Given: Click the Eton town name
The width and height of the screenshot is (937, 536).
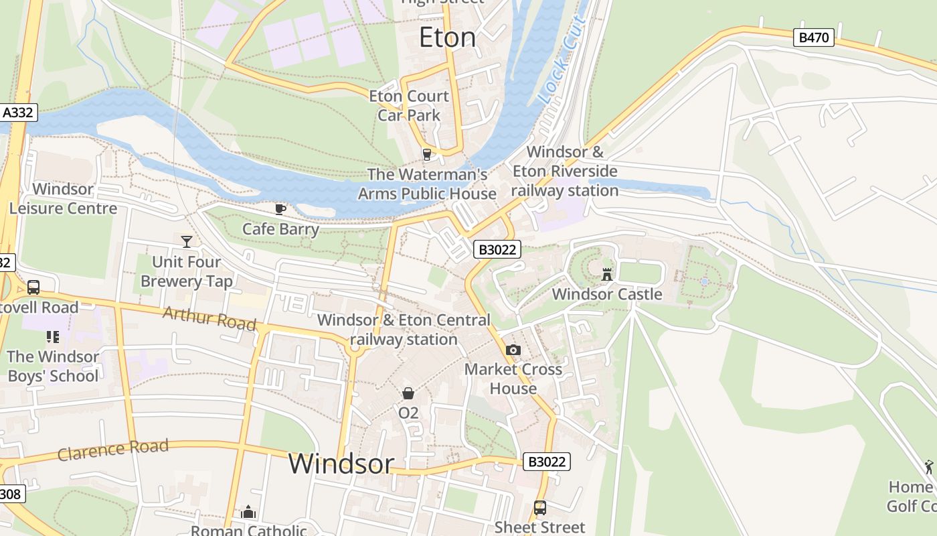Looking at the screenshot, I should (x=447, y=38).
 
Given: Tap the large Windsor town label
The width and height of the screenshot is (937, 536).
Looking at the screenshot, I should (x=341, y=464).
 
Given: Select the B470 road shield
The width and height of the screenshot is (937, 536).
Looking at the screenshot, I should (x=814, y=38).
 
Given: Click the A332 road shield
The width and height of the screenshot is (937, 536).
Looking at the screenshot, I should (x=17, y=113).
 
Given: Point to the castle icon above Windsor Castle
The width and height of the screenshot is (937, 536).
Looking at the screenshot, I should (x=607, y=274).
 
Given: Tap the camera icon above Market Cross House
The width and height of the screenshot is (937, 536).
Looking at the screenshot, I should (x=513, y=350).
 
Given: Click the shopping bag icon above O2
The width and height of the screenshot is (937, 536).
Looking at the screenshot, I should (x=408, y=393).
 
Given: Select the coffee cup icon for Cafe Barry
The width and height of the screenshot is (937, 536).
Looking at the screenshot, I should (x=280, y=209).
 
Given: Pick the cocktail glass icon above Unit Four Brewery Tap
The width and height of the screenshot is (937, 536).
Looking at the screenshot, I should (x=187, y=241).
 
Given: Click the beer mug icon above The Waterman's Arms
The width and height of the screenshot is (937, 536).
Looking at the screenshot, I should (x=426, y=155).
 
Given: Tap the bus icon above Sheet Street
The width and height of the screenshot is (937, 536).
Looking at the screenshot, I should (x=540, y=508).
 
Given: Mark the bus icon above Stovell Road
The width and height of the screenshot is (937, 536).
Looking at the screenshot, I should (x=33, y=287).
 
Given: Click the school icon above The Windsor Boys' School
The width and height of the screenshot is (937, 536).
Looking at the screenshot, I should (x=53, y=336).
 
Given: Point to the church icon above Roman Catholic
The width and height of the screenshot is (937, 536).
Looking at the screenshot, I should (x=248, y=513).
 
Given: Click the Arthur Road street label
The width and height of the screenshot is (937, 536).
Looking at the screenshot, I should (x=209, y=318).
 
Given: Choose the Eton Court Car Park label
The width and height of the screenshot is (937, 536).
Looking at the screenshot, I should (x=409, y=106).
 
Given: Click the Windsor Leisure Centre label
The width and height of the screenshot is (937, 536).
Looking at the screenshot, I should (x=63, y=199).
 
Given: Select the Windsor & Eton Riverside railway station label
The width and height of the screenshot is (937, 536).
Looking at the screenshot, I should (x=565, y=172).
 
